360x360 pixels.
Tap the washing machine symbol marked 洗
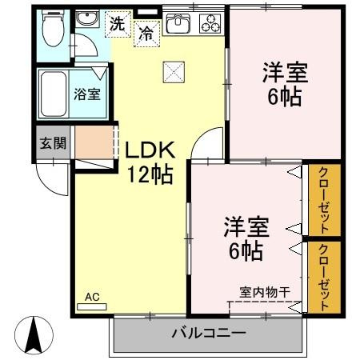coord(118,24)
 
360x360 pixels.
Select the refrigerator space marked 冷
coord(146,33)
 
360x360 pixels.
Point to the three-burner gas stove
coord(211,24)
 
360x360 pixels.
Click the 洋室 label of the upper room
coord(283,72)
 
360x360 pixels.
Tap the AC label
coord(93,298)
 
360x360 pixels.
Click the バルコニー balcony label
coord(208,332)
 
